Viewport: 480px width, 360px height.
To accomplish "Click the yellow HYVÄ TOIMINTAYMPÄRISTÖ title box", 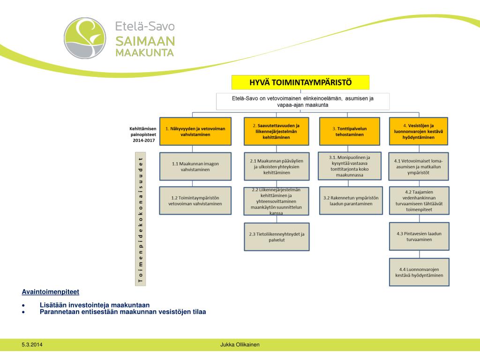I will click(300, 82).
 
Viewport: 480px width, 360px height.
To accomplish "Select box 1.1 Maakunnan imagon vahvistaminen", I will click(195, 166).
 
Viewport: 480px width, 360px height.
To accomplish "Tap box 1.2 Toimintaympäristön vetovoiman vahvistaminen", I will click(195, 201).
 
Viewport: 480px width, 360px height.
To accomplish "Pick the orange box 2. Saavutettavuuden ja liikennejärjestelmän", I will click(276, 131).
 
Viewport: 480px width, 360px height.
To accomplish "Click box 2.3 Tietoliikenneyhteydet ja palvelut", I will click(276, 237).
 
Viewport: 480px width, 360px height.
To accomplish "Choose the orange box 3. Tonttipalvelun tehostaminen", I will click(349, 131).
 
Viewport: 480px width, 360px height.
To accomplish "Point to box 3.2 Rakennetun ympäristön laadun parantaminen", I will click(349, 201).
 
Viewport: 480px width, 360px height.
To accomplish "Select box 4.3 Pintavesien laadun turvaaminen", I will click(419, 237).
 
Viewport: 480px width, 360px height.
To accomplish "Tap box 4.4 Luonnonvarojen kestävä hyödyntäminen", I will click(419, 272).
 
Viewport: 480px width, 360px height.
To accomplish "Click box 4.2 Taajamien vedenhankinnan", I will click(419, 201).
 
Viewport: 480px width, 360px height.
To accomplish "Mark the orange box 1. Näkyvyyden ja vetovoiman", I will click(195, 131).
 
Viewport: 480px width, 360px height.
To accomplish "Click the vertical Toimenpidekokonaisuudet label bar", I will click(140, 218).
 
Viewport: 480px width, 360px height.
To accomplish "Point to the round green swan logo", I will click(85, 38).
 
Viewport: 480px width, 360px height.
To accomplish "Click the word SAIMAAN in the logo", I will click(145, 41).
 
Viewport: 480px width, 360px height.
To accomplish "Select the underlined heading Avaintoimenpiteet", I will click(51, 292).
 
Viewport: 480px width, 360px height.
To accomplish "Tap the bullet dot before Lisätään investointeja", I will click(23, 305).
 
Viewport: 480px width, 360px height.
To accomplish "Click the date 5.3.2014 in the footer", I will click(31, 345).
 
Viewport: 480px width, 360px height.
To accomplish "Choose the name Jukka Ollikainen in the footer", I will click(240, 345).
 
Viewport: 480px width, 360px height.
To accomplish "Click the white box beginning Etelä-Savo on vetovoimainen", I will click(302, 102).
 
